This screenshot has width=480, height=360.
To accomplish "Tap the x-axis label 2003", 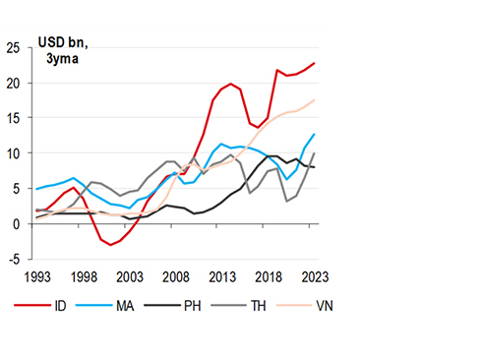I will [x=129, y=277].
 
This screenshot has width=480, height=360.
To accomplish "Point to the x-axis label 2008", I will [x=176, y=277].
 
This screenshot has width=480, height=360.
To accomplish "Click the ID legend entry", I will [x=55, y=305].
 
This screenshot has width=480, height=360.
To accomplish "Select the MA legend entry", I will [x=122, y=305].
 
